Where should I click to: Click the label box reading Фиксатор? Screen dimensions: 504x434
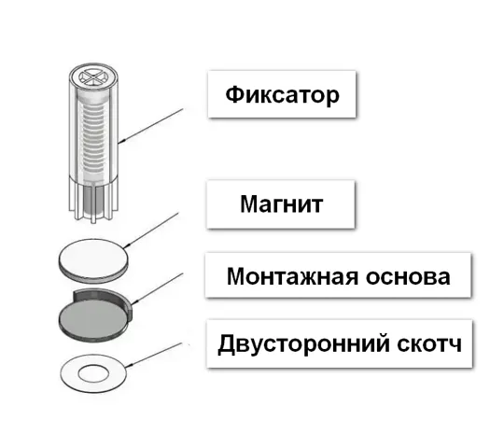282,94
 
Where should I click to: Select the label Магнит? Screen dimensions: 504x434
281,204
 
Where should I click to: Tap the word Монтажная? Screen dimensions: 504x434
292,276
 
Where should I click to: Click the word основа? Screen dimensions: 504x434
408,277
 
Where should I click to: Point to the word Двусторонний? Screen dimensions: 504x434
304,343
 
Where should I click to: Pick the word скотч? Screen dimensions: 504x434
429,344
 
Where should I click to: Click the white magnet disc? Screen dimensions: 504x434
93,260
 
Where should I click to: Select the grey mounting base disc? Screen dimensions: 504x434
93,318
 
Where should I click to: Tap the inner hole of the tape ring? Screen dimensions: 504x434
93,374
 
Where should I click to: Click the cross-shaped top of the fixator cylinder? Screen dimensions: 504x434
93,77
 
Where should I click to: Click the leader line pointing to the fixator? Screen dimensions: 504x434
150,126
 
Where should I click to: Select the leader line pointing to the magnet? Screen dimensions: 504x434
151,230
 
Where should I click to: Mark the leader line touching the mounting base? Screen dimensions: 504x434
157,288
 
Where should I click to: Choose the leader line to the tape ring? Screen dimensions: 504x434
154,356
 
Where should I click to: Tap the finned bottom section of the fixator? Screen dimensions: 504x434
93,200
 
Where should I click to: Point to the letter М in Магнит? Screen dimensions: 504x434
248,204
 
